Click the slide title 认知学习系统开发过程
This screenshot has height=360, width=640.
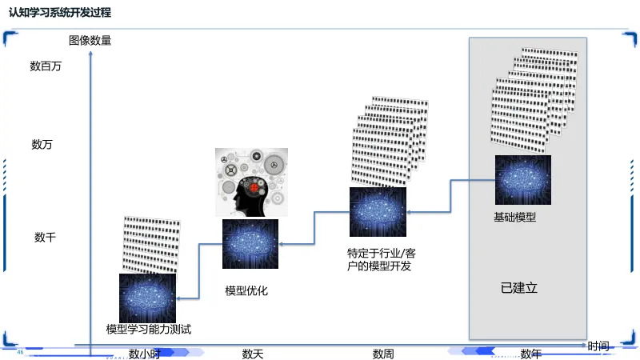click(59, 13)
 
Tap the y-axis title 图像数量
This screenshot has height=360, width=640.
click(90, 40)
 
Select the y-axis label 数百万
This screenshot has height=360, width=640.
click(46, 66)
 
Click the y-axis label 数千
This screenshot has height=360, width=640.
click(45, 238)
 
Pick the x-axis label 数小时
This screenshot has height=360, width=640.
click(145, 354)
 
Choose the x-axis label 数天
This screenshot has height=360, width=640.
click(253, 354)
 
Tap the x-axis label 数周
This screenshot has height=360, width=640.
click(383, 354)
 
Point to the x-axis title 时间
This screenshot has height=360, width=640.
click(598, 346)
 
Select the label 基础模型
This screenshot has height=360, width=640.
click(514, 218)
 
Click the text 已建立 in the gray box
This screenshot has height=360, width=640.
click(519, 288)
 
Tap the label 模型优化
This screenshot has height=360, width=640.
click(246, 291)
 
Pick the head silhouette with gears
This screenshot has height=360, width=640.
click(250, 183)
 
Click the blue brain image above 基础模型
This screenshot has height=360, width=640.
click(522, 180)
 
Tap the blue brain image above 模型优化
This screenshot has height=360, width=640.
click(250, 243)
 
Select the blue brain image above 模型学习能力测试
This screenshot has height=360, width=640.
click(147, 298)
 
